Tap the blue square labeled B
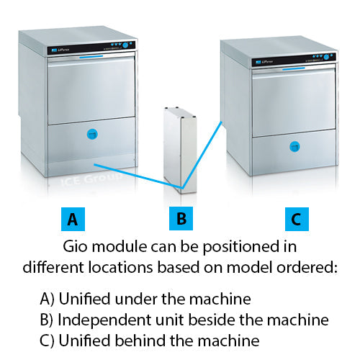181,217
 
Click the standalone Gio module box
179,148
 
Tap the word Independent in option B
94,318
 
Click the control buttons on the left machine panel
125,45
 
